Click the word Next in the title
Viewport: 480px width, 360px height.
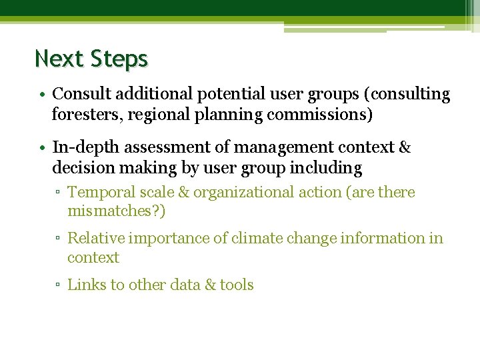tap(58, 59)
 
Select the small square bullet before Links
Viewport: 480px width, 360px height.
tap(59, 286)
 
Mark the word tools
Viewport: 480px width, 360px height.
tap(237, 285)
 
